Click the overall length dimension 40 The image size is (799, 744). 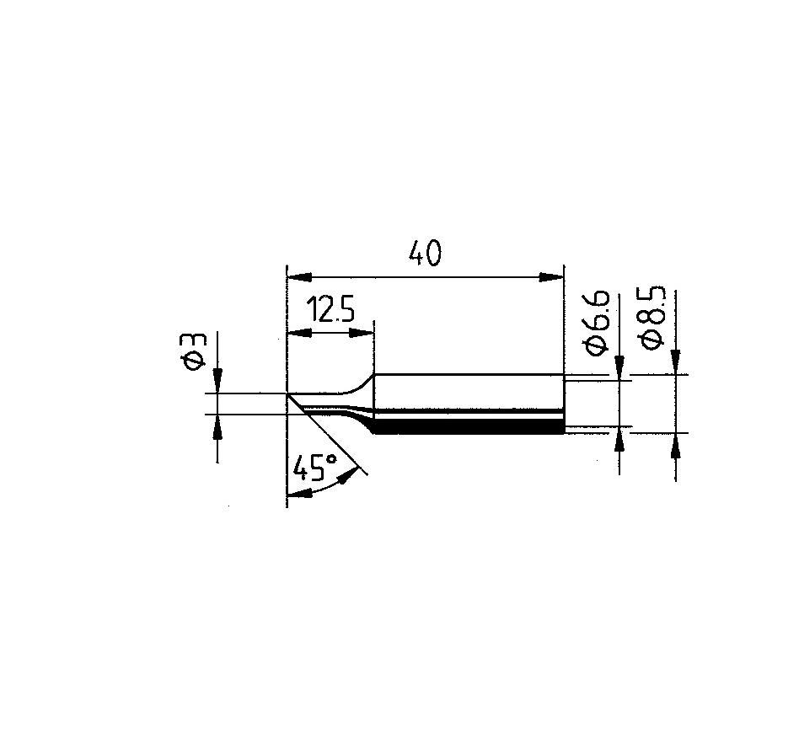click(x=425, y=254)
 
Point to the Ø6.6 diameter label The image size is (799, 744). click(x=597, y=322)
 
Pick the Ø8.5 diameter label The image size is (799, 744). click(x=653, y=317)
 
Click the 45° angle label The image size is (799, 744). click(x=316, y=468)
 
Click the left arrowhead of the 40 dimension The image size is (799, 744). click(x=300, y=277)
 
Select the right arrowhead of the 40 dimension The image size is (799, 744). click(x=552, y=277)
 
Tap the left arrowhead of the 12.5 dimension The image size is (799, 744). click(x=300, y=334)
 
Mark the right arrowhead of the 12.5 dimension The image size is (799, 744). click(x=362, y=334)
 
